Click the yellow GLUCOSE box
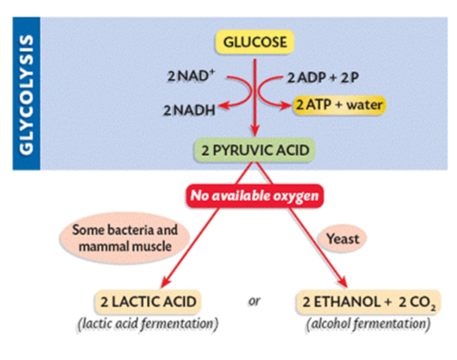[255, 42]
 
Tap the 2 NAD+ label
[191, 76]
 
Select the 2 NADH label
[189, 110]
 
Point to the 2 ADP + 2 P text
[323, 78]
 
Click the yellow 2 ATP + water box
[339, 105]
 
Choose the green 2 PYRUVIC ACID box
[255, 150]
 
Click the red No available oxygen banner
[255, 196]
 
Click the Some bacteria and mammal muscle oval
[125, 238]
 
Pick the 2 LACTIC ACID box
[148, 302]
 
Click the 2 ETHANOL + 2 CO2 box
[368, 302]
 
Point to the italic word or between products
[254, 301]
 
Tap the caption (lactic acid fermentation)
[148, 324]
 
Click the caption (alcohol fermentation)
[368, 324]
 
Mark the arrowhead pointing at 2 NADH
[222, 107]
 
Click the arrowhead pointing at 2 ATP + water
[286, 106]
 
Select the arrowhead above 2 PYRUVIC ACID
[255, 130]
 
